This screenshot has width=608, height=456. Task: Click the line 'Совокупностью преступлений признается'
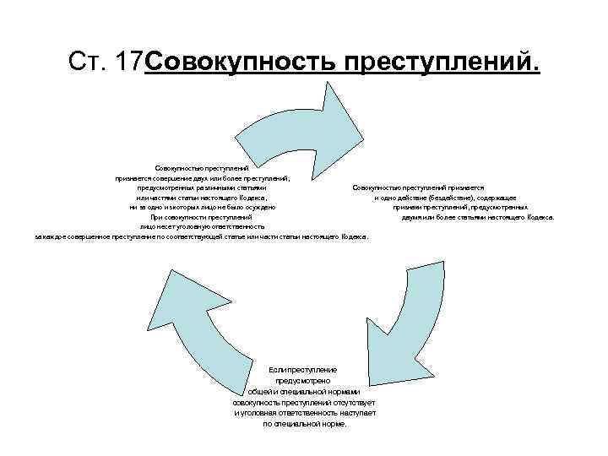[418, 187]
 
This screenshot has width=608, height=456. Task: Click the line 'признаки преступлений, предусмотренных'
[461, 207]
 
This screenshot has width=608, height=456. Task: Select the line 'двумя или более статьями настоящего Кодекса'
[478, 217]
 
